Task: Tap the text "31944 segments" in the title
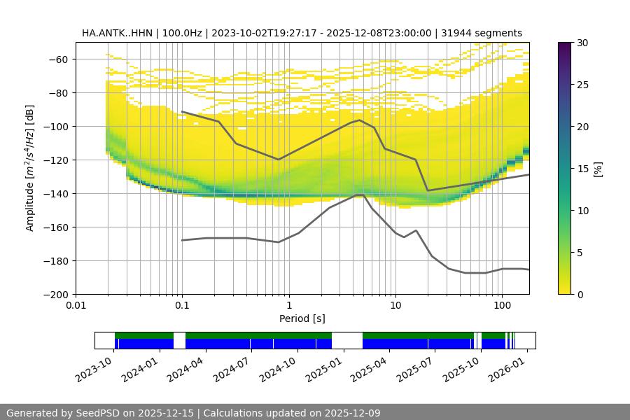[x=482, y=33]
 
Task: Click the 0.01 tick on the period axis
[x=76, y=306]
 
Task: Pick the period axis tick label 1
[x=288, y=306]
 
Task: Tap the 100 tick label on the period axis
[x=501, y=306]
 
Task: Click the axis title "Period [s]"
[x=302, y=318]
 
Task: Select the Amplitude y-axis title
[x=29, y=168]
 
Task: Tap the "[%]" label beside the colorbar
[x=598, y=168]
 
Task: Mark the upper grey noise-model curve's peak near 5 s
[x=360, y=120]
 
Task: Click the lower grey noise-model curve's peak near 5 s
[x=360, y=195]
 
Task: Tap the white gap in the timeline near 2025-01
[x=347, y=340]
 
